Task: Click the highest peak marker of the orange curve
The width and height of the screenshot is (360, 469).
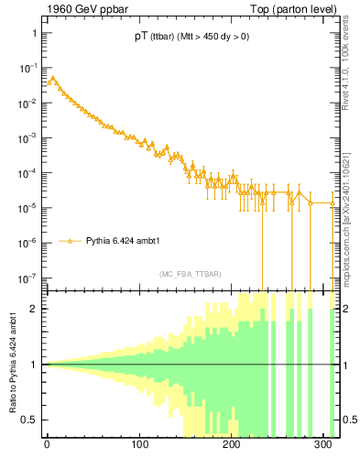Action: click(x=52, y=78)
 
